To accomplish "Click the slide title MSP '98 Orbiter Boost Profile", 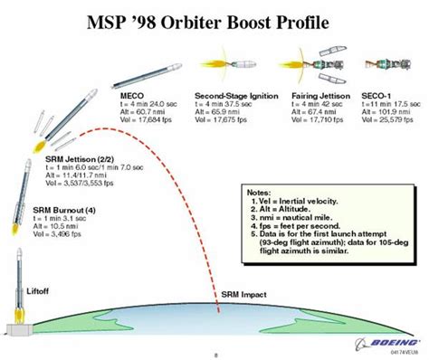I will click(214, 19).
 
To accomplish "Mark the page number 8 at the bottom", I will click(214, 355).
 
